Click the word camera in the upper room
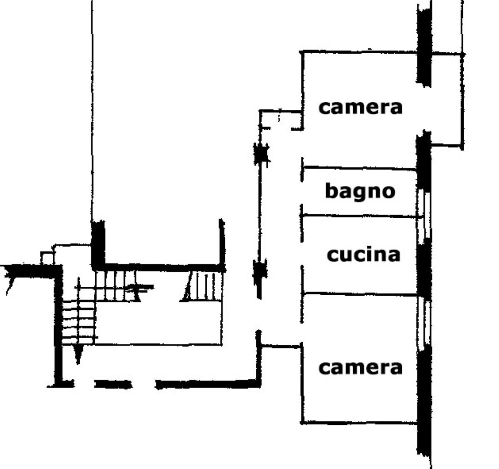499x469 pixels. [x=360, y=108]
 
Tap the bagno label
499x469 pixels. [x=360, y=192]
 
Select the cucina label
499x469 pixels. [x=363, y=255]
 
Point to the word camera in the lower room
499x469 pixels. [x=360, y=368]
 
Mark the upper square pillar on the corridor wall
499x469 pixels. [x=261, y=153]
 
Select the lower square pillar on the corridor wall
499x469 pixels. [x=260, y=273]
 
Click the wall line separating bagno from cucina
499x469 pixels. [x=359, y=216]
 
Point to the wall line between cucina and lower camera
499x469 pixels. [x=360, y=294]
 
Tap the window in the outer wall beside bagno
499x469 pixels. [x=424, y=214]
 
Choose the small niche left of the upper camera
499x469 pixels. [x=281, y=120]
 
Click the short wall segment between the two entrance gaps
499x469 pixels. [x=114, y=384]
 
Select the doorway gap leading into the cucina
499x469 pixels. [x=302, y=254]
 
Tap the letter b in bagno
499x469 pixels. [x=331, y=191]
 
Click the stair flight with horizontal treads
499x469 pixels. [x=79, y=323]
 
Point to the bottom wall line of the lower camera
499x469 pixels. [x=359, y=423]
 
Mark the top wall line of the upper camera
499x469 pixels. [x=359, y=52]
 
